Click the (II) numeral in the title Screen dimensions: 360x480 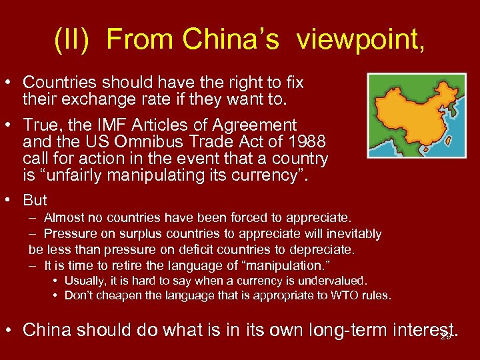tap(74, 40)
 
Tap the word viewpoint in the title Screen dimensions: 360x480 tap(358, 40)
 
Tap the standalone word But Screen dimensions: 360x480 tap(35, 200)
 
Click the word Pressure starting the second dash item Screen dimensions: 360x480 tap(69, 233)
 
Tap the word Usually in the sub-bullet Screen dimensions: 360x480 tap(85, 281)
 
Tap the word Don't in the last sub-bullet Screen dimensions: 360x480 tap(79, 295)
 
